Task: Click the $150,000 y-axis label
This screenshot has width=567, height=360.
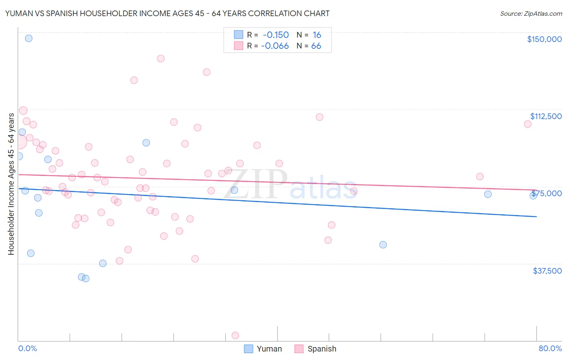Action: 544,39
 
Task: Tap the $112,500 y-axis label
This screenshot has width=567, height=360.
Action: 546,116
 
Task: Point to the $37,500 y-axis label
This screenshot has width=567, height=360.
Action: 547,271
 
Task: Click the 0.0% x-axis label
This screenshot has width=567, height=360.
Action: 27,348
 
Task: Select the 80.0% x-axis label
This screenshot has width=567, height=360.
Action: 550,348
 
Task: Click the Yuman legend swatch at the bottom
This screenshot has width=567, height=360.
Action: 248,349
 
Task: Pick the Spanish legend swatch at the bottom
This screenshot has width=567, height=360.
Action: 299,349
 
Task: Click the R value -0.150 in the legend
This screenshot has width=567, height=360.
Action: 275,35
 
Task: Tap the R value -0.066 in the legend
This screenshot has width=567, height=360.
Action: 275,46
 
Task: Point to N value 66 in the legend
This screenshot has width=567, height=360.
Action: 316,46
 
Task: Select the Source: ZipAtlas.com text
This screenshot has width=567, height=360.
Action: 531,13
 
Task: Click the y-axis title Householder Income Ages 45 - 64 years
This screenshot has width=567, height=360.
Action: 11,184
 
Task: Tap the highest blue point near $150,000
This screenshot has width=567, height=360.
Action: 29,38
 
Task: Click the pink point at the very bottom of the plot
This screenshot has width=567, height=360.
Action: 236,335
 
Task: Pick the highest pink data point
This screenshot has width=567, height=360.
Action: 161,59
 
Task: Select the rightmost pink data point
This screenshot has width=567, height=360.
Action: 527,124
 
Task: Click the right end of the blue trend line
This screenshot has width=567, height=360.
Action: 536,217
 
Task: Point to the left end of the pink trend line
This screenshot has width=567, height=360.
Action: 19,174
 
